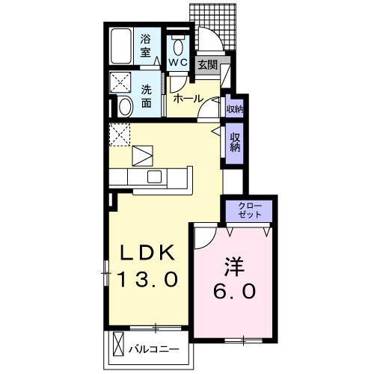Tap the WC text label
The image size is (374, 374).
[177, 63]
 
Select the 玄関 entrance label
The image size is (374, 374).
[208, 65]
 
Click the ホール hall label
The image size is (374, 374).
[186, 99]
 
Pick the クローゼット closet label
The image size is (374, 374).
[249, 210]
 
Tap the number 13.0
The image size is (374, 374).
[149, 280]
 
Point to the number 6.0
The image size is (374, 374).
[233, 292]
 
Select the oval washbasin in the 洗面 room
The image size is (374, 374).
[125, 107]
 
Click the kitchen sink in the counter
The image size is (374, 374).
[155, 177]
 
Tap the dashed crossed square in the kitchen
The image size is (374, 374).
[120, 135]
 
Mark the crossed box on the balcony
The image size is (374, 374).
[118, 346]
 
